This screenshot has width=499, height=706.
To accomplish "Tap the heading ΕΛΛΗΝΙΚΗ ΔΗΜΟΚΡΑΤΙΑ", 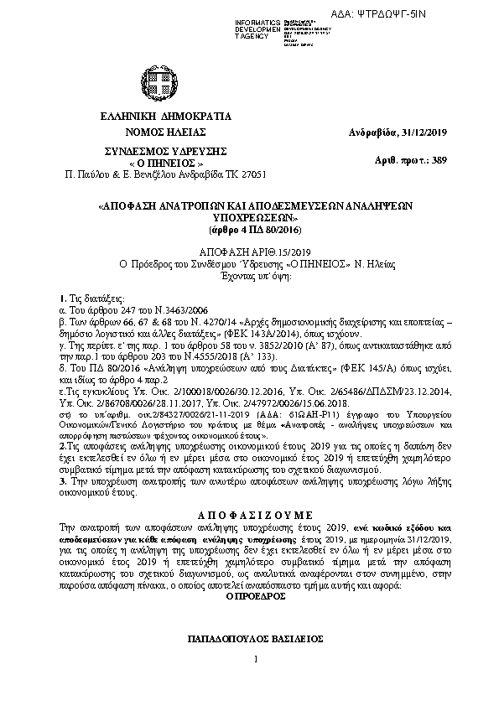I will pyautogui.click(x=164, y=117).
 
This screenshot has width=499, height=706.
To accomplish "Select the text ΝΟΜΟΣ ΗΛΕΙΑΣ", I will pyautogui.click(x=164, y=132).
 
